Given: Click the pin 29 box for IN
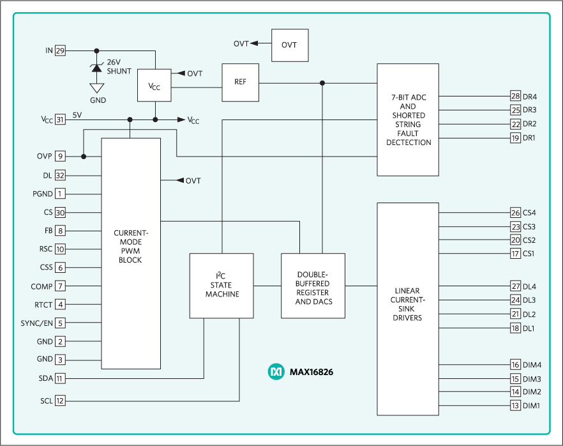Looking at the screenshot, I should [x=60, y=50].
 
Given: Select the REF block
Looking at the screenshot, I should [x=240, y=82].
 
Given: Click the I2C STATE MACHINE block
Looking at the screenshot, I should [x=221, y=286].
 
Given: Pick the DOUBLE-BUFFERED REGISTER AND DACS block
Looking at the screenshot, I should [x=313, y=286].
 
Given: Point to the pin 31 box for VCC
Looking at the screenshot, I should [x=60, y=119].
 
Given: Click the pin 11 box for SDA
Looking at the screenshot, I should [x=60, y=379].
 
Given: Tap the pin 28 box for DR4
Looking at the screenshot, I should [x=515, y=96].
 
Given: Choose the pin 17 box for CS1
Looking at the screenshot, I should [x=515, y=254].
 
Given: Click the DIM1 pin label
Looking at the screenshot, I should [x=532, y=406].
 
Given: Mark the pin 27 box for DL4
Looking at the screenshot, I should [x=515, y=286].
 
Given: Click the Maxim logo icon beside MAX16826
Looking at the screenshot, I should [x=276, y=372].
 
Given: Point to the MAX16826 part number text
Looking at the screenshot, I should [x=312, y=372].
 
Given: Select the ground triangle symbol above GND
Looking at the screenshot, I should [x=97, y=88].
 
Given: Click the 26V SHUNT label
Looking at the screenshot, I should [x=119, y=66].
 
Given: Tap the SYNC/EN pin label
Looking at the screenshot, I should [x=36, y=323].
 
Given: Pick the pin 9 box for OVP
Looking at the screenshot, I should [x=60, y=156].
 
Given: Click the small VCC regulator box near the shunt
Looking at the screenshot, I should [x=154, y=85].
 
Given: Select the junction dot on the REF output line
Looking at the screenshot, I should [x=322, y=82].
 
